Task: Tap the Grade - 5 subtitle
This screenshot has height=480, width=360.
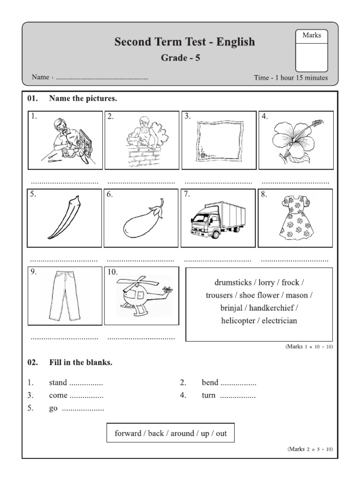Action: pyautogui.click(x=180, y=58)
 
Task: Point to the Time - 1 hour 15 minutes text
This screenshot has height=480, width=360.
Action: pyautogui.click(x=291, y=78)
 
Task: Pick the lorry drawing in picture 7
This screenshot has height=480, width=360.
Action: pyautogui.click(x=219, y=219)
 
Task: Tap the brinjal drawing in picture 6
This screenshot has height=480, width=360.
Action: pyautogui.click(x=143, y=220)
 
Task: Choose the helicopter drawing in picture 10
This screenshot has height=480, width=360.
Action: pyautogui.click(x=142, y=295)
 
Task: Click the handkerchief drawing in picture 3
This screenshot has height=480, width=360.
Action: pyautogui.click(x=219, y=140)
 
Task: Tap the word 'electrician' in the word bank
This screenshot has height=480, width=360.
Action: pyautogui.click(x=279, y=321)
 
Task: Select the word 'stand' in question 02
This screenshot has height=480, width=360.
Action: pyautogui.click(x=58, y=382)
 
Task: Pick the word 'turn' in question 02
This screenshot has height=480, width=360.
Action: pyautogui.click(x=209, y=395)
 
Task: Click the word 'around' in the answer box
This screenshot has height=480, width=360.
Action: pyautogui.click(x=182, y=434)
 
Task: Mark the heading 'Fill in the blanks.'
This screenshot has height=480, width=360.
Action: pyautogui.click(x=81, y=362)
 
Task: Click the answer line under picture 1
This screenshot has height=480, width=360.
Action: pyautogui.click(x=65, y=182)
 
